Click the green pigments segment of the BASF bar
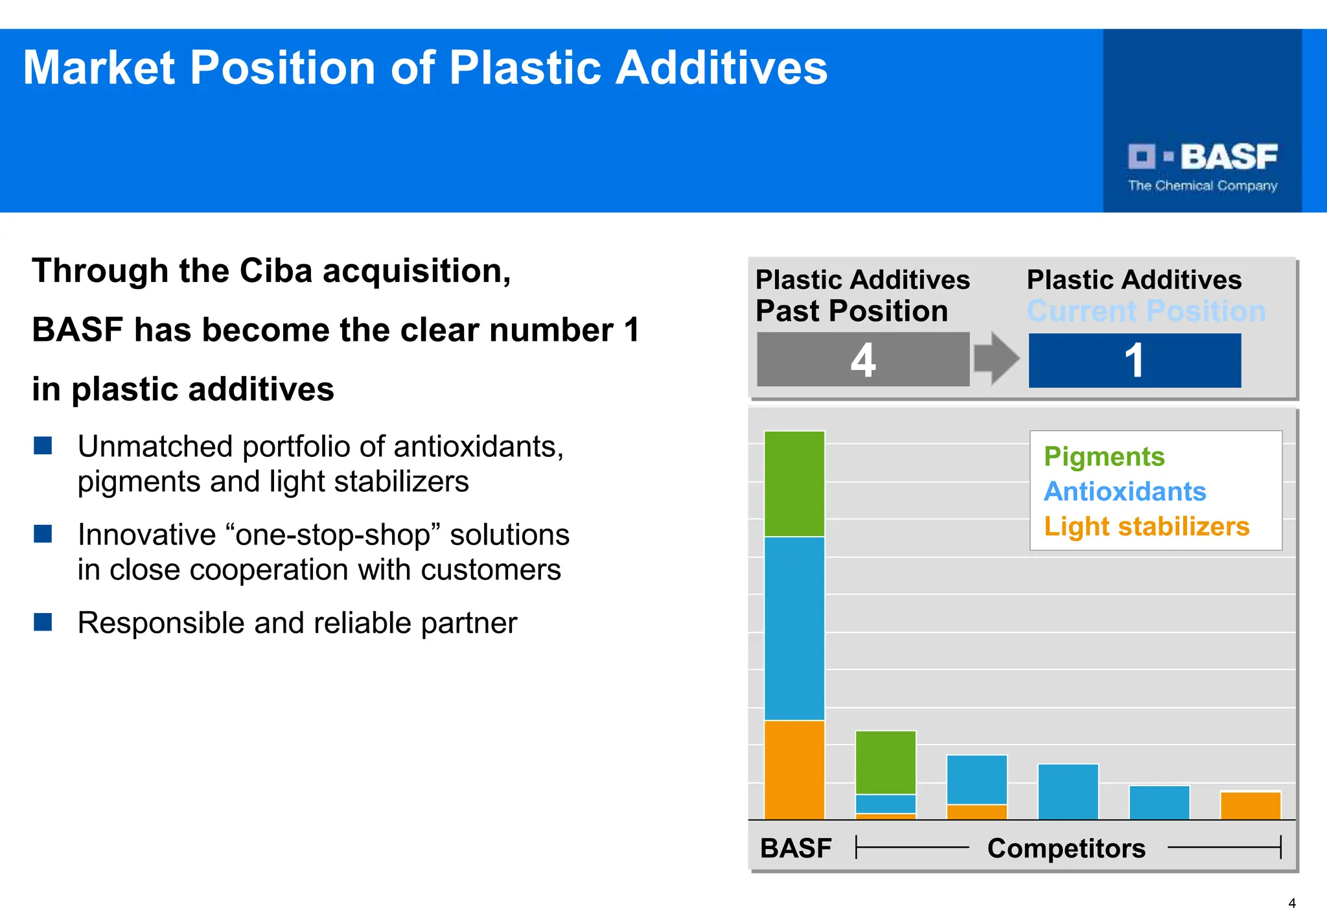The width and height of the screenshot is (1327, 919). coord(794,484)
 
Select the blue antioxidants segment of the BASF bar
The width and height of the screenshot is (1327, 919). coord(794,628)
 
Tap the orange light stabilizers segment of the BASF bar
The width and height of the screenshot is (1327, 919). coord(794,770)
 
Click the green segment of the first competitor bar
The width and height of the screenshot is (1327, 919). coord(886,763)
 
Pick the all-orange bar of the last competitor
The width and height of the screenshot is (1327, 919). coord(1251,806)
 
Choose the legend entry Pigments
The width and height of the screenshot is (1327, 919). coord(1104,457)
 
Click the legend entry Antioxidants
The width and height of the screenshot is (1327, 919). coord(1125,492)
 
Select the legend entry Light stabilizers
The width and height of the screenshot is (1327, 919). coord(1146,526)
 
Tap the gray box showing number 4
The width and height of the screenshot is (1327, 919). coord(863,360)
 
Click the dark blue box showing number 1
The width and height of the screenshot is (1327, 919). coord(1135,360)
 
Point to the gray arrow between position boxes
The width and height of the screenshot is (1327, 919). coord(997,358)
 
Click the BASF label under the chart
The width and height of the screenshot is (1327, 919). coord(796,848)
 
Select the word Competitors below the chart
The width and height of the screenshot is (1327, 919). coord(1066,848)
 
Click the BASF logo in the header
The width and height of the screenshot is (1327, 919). coord(1203,157)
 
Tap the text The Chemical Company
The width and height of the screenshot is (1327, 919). coord(1203,186)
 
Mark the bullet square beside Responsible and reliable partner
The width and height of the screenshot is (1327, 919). coord(43,622)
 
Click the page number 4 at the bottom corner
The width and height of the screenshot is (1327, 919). coord(1292,903)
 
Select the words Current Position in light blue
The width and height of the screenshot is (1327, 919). coord(1146,312)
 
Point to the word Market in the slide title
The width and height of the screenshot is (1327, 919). coord(98,68)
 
